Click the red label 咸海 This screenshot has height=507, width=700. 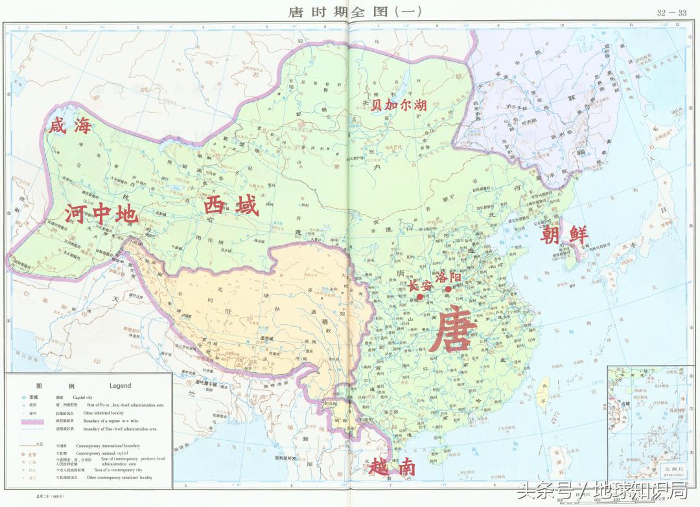(x=69, y=126)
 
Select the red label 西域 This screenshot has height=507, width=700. (x=231, y=207)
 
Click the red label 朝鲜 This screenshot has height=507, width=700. (x=565, y=235)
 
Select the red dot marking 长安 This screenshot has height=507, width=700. (x=420, y=297)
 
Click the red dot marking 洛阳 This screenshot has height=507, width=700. (x=448, y=289)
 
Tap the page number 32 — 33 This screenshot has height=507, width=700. (x=671, y=12)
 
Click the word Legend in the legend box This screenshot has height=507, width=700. (x=120, y=386)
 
